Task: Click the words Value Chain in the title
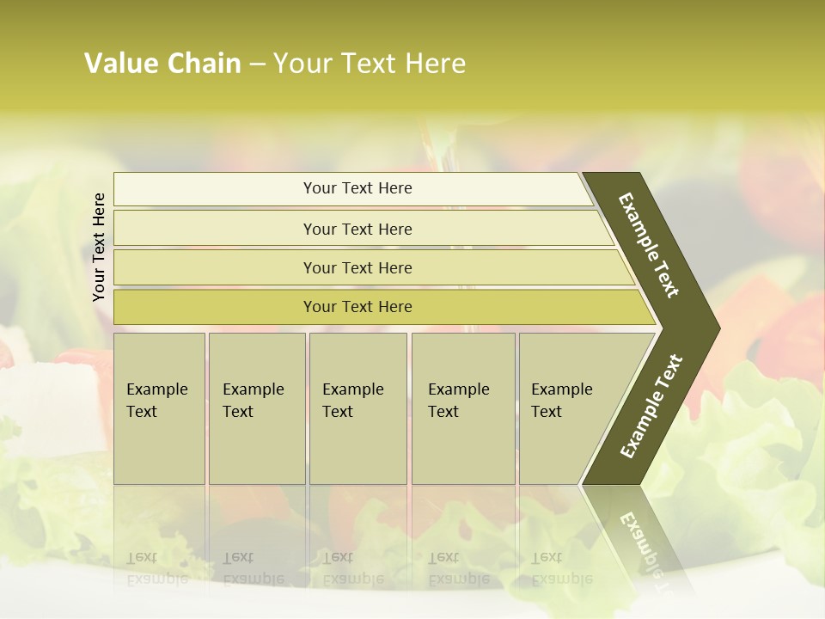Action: pos(162,64)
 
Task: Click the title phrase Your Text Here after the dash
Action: pos(369,64)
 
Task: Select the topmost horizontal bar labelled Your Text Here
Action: pos(357,188)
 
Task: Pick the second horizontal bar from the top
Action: pos(357,229)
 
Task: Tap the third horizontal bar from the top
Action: pos(357,267)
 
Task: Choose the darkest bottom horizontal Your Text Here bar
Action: pos(357,307)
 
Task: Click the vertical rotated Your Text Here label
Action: pos(99,247)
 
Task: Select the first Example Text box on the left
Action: pos(159,408)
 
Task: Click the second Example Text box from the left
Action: pos(256,408)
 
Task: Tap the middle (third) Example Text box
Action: pos(357,408)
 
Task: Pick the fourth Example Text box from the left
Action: pos(462,408)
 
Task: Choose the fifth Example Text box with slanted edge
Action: pos(567,408)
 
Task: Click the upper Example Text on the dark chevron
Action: pos(649,245)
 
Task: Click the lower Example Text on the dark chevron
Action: pos(651,406)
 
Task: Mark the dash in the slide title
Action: pos(257,64)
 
